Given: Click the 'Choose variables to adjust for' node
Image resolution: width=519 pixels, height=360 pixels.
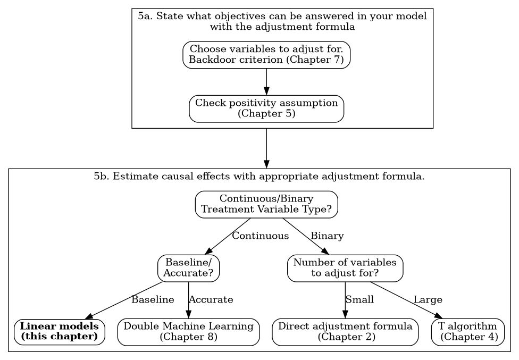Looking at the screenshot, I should [x=266, y=55].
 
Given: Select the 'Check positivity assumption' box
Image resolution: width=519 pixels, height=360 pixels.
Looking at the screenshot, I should [x=266, y=108].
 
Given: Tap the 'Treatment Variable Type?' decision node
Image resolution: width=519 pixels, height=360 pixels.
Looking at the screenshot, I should [x=266, y=204].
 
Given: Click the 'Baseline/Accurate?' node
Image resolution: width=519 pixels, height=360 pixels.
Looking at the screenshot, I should [x=188, y=268].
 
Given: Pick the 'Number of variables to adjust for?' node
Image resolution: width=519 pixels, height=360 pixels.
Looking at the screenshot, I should [x=345, y=268].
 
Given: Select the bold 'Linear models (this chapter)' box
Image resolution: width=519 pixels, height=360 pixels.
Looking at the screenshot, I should [x=59, y=332].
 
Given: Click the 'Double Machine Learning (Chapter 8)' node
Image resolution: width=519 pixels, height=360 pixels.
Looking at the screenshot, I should [x=188, y=332].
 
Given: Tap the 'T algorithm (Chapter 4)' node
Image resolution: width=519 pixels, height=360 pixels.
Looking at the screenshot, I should [x=467, y=332].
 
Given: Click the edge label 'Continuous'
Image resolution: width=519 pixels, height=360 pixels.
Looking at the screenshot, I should [x=260, y=236].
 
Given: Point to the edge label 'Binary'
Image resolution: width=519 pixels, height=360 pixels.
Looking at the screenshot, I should [x=327, y=236].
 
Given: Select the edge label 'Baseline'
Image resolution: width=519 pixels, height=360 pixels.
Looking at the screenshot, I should [x=153, y=300].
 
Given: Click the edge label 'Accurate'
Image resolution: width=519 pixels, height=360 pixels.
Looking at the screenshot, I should [x=211, y=300].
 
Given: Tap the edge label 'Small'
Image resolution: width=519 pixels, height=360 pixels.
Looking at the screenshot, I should [x=359, y=300].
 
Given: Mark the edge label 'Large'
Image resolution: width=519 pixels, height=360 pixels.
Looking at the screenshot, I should [x=428, y=300].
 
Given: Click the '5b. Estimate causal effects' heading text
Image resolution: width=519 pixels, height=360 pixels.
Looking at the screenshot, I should [x=259, y=176].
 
